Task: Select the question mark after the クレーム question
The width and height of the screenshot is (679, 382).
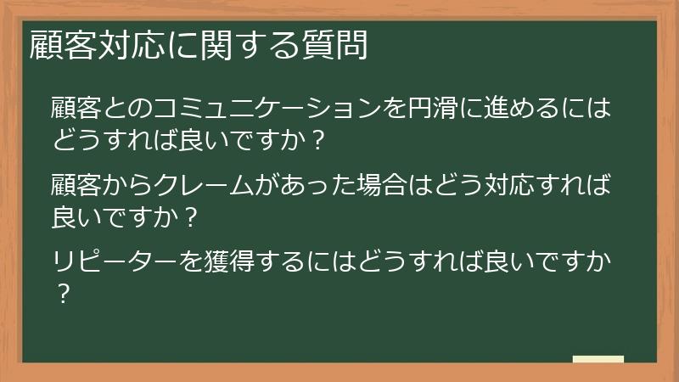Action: (191, 218)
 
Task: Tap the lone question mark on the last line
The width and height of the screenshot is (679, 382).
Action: (61, 295)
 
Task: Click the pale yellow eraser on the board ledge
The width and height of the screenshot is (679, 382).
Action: (598, 358)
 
